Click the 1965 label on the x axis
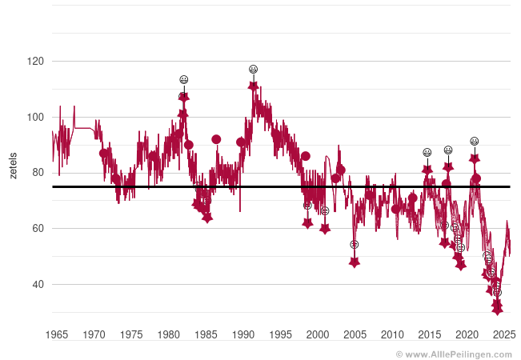(x=56, y=334)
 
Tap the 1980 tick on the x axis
(x=168, y=334)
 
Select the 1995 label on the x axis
(x=280, y=334)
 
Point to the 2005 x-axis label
(x=355, y=334)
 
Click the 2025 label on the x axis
(x=504, y=334)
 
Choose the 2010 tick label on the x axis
(x=392, y=334)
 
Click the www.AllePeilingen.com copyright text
(x=457, y=353)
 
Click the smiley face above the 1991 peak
(x=253, y=70)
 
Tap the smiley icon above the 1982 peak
(x=184, y=80)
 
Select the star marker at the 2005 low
(x=355, y=262)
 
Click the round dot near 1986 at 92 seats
(x=216, y=139)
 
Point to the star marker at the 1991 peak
(x=253, y=86)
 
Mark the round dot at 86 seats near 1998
(x=305, y=156)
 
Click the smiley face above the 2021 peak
(x=475, y=142)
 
